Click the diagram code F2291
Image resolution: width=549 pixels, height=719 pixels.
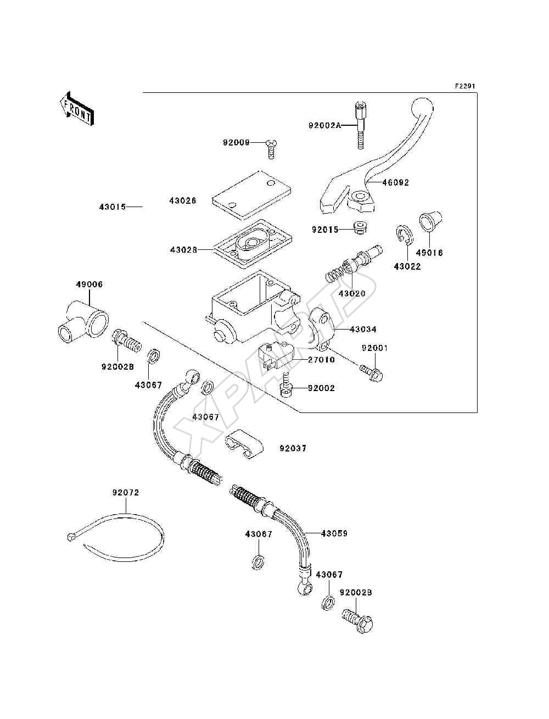[464, 86]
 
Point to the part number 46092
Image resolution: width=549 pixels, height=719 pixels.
[396, 183]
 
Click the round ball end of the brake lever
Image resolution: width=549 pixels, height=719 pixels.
[422, 108]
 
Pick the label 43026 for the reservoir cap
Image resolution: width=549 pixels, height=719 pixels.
[183, 200]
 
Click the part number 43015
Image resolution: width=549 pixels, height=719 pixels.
[113, 207]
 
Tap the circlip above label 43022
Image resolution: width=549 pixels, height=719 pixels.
[405, 235]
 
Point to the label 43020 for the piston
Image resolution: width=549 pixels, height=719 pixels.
[352, 293]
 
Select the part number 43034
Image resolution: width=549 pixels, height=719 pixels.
[363, 329]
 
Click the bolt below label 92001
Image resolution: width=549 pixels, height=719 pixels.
[372, 374]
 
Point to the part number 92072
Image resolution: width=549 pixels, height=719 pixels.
[126, 502]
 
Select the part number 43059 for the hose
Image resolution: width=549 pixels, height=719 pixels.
[334, 533]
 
